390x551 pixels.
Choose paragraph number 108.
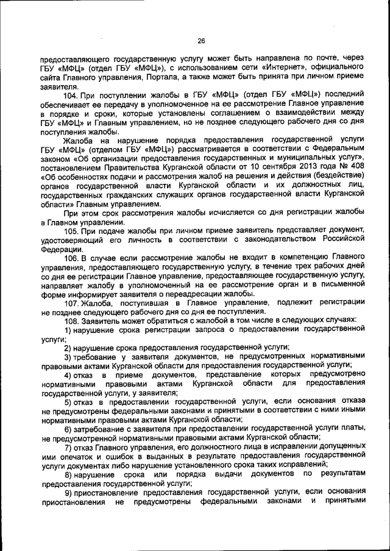(x=72, y=320)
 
